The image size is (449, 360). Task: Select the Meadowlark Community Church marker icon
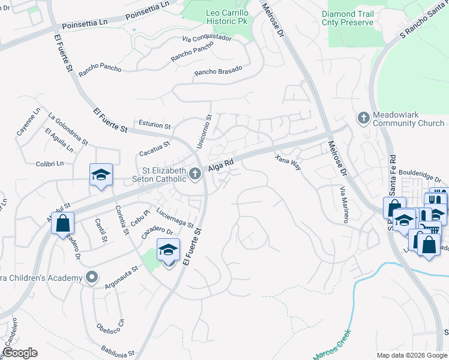363,118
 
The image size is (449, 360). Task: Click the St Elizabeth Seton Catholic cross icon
194,174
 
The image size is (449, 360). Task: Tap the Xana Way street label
288,162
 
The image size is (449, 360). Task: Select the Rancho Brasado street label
218,71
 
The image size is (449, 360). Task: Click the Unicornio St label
204,132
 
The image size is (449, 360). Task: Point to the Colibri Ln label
49,163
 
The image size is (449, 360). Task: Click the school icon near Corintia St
101,175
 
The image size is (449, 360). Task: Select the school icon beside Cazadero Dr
169,250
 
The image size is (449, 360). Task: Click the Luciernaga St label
174,217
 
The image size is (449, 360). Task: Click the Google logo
19,353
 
